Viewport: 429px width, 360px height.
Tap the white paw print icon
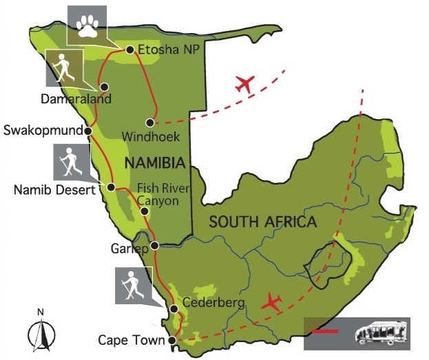87,25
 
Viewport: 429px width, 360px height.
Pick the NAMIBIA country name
156,164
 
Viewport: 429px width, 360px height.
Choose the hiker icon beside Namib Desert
71,163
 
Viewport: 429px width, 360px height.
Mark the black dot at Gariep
155,245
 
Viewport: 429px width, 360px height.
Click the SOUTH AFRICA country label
263,222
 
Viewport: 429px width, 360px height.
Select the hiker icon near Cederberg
132,286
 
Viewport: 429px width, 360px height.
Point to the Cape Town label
132,340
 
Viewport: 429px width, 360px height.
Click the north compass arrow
41,334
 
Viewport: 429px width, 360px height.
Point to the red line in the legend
326,332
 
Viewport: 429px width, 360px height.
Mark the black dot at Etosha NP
129,50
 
